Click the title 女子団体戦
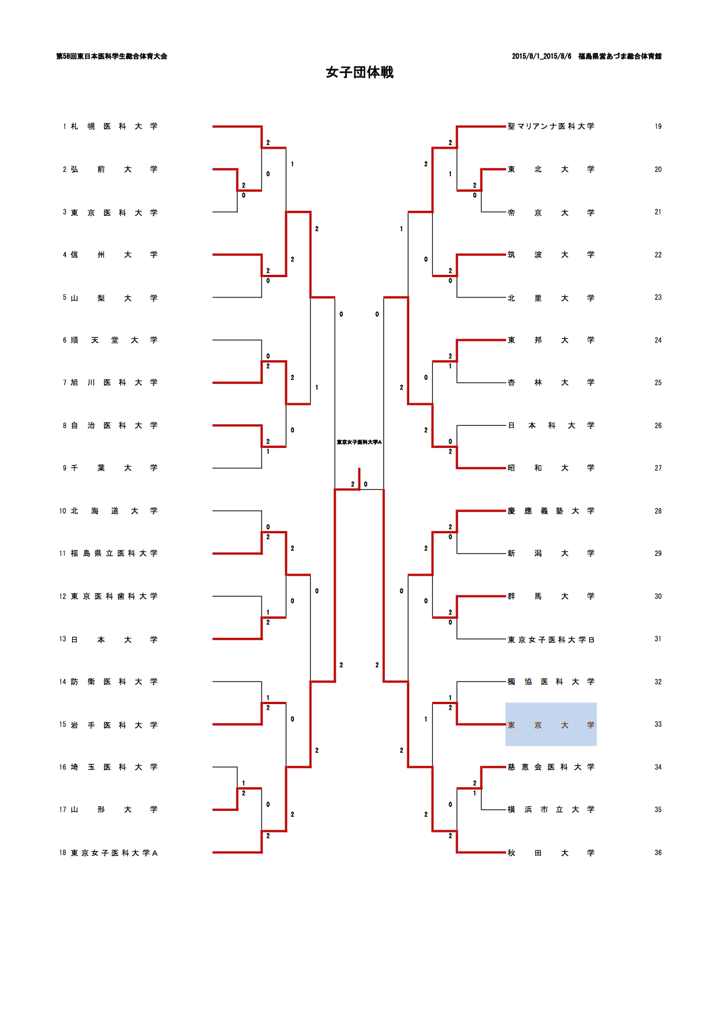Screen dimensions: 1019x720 click(360, 72)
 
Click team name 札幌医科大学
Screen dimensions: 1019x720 click(114, 126)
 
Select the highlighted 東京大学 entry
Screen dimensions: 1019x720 click(551, 724)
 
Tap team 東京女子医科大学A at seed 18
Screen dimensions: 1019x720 click(114, 853)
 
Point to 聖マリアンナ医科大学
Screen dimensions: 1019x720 click(551, 126)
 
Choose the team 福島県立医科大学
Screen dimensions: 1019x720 click(114, 553)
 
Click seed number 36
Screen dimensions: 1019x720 click(658, 852)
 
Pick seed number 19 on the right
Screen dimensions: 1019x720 click(658, 126)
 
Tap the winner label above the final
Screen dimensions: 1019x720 click(359, 442)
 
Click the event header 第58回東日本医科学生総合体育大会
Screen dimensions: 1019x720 click(112, 56)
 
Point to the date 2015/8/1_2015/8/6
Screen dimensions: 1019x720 click(541, 56)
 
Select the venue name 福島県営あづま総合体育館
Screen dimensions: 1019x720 click(619, 56)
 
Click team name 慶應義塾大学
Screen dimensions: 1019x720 click(551, 511)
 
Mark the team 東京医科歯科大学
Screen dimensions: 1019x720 click(114, 596)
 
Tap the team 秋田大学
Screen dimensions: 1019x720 click(551, 853)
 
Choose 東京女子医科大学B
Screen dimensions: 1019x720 click(551, 640)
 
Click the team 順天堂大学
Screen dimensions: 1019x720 click(114, 340)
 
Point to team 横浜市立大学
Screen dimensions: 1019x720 click(551, 809)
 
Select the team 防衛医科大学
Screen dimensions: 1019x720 click(114, 681)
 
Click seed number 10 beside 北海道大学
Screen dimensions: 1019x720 click(62, 511)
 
